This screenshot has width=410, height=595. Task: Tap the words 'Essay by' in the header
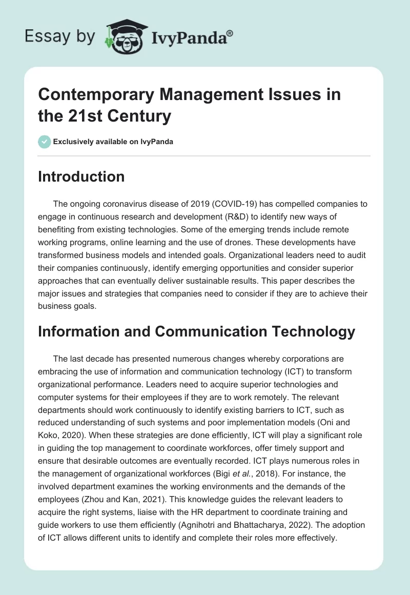[59, 36]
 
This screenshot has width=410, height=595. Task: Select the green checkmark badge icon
[44, 142]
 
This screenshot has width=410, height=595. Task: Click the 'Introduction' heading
[81, 177]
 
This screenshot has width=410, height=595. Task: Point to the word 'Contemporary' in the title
[95, 95]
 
